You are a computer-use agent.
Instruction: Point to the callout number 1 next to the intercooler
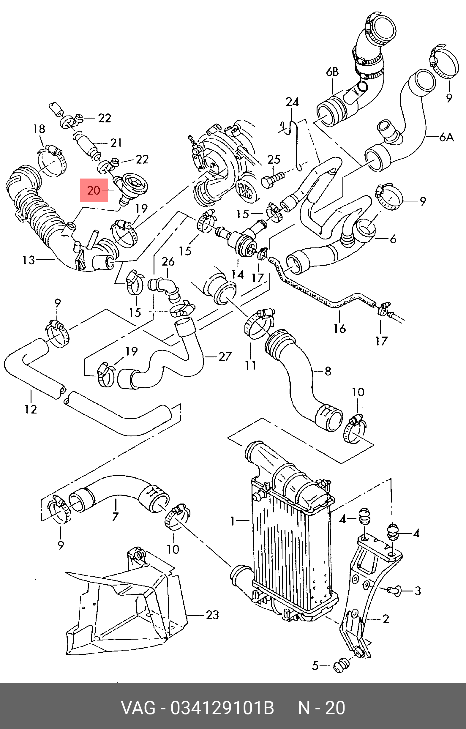click(232, 521)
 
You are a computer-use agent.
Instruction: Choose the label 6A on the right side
click(447, 137)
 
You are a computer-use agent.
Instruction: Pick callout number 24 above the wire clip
click(292, 102)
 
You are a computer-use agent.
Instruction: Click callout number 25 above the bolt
click(274, 160)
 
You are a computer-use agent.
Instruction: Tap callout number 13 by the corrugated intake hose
click(29, 260)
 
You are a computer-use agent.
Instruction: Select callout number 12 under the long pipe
click(31, 409)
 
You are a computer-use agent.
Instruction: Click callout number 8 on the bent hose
click(328, 371)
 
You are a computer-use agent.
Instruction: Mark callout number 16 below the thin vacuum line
click(339, 328)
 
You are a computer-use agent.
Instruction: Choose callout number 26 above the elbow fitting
click(168, 261)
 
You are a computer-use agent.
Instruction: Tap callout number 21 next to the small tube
click(116, 143)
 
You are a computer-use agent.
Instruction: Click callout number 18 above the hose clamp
click(39, 129)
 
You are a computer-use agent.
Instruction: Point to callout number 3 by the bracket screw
click(418, 591)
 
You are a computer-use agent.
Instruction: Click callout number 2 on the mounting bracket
click(386, 619)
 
